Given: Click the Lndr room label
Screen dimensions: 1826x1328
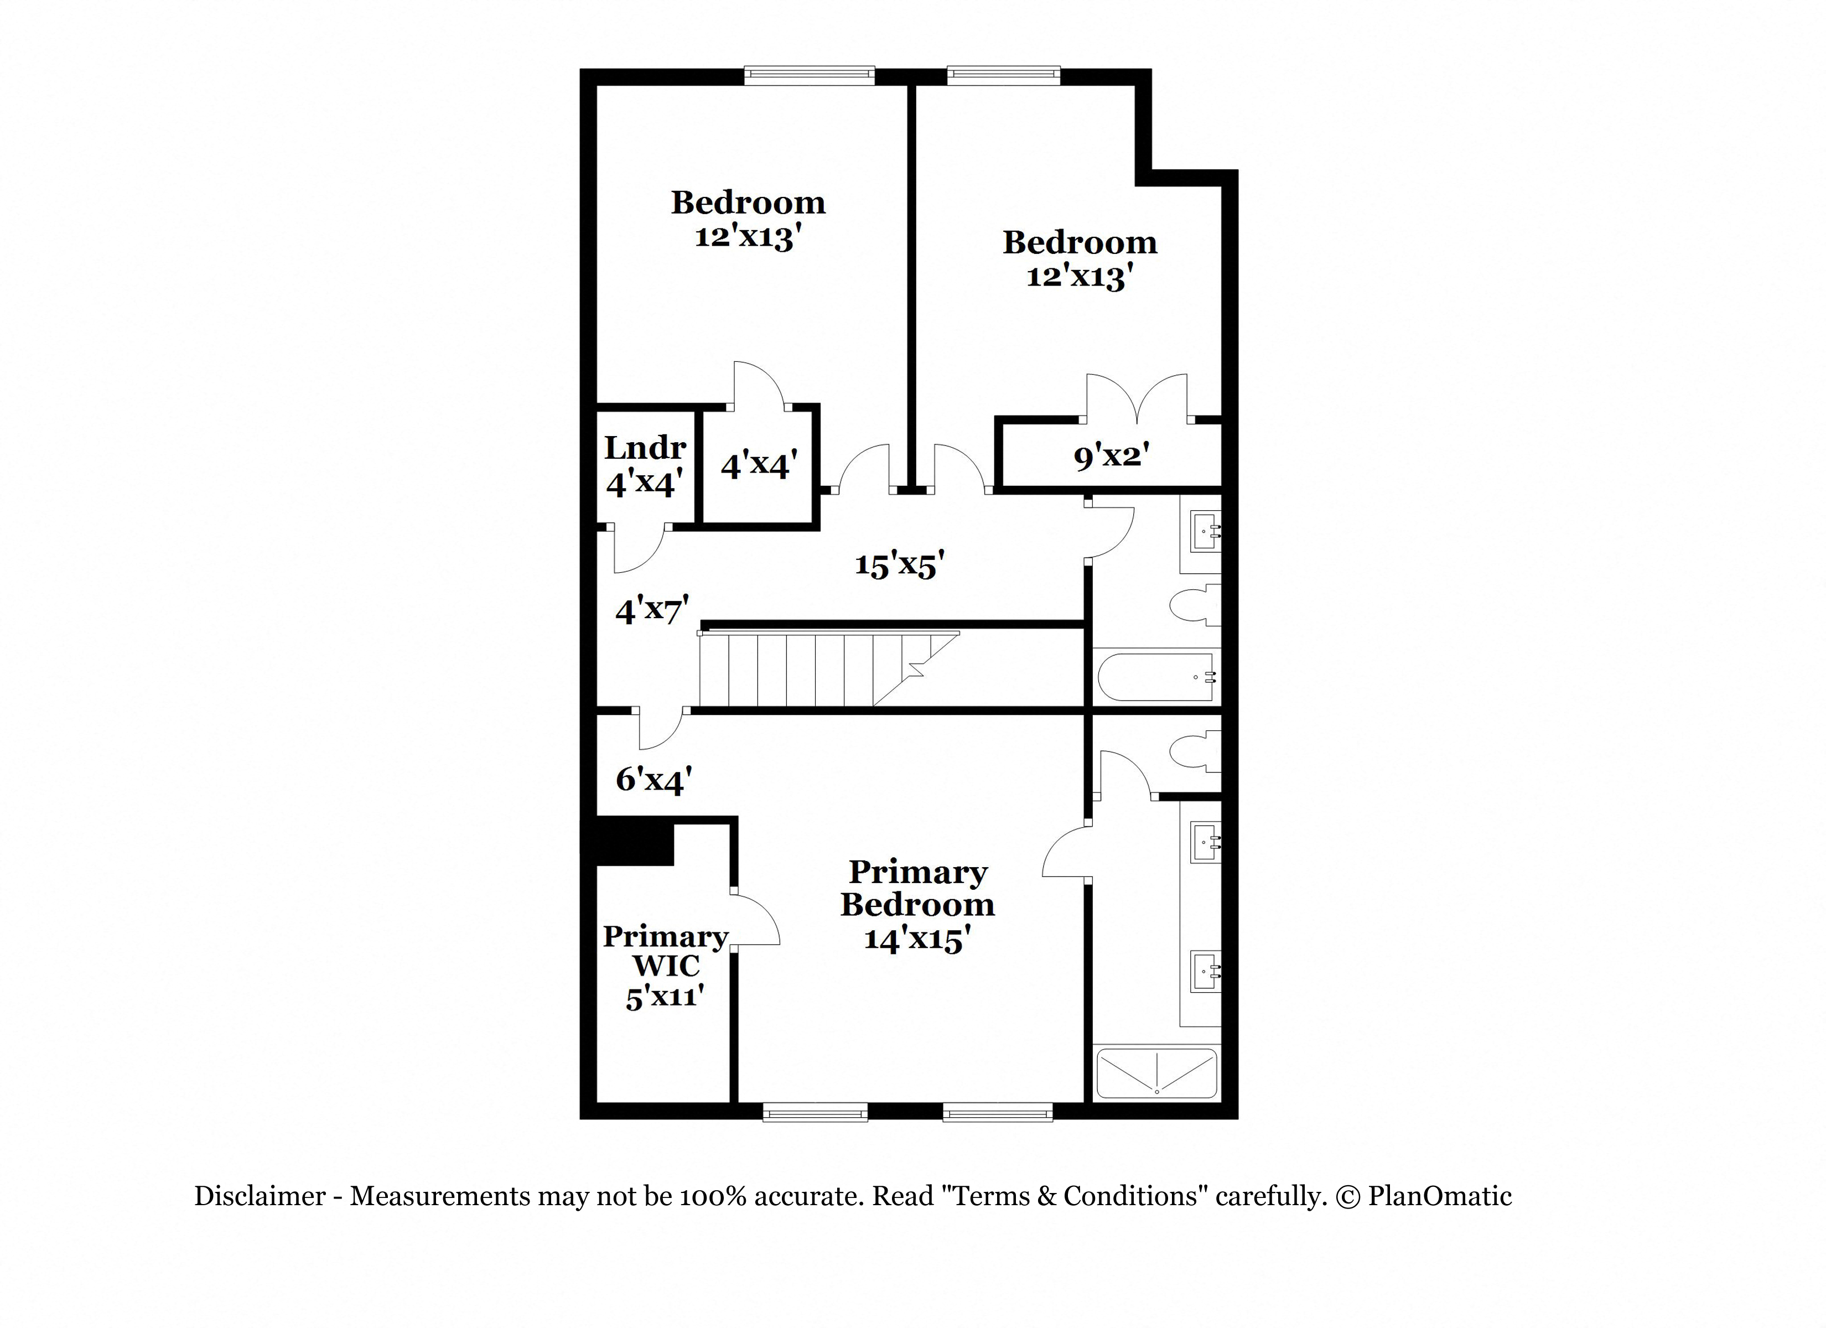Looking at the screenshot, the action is point(645,447).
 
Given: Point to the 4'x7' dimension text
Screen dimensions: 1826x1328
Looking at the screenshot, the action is point(652,610).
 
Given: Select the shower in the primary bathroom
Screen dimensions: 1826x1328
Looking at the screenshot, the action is point(1156,1072).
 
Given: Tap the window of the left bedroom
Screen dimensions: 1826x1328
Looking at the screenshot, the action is point(809,76).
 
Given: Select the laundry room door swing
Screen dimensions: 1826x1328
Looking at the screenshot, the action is point(639,549).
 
